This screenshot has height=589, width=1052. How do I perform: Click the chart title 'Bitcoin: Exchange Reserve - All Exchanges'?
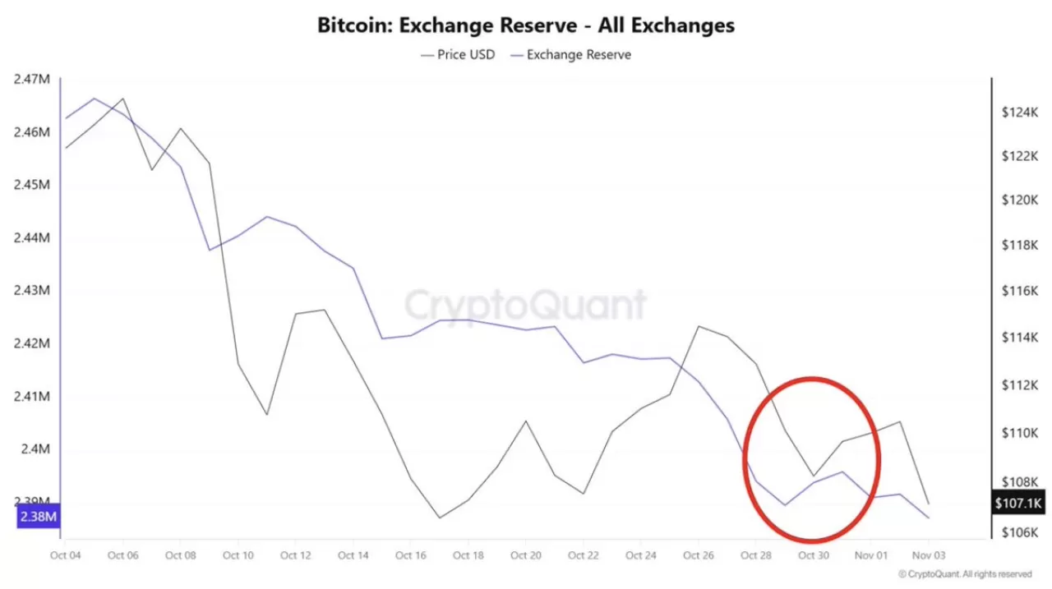[x=526, y=25]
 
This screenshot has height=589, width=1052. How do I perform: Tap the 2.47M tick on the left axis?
[x=32, y=79]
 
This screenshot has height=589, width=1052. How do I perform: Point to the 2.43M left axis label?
[x=32, y=290]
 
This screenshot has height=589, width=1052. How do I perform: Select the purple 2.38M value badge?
[x=39, y=517]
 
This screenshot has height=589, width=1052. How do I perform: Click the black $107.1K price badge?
[x=1018, y=503]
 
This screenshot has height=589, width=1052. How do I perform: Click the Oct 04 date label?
[x=65, y=555]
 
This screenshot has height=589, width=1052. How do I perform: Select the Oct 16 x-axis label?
[x=410, y=555]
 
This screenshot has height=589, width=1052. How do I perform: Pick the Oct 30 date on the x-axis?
[x=813, y=555]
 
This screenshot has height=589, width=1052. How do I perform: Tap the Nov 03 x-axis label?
[x=928, y=555]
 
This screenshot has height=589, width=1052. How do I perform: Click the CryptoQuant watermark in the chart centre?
[x=525, y=305]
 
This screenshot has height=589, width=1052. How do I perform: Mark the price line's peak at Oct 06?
[x=123, y=99]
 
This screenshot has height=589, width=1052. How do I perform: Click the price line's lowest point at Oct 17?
[x=440, y=518]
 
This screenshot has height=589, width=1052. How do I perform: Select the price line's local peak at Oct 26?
[x=699, y=326]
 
